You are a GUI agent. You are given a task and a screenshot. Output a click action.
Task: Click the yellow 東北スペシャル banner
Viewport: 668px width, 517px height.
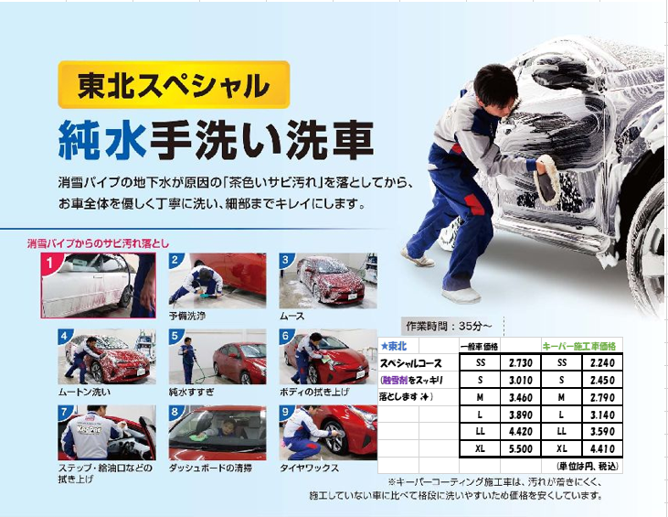(174, 84)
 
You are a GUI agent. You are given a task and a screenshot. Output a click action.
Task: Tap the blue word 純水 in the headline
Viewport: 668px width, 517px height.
(102, 139)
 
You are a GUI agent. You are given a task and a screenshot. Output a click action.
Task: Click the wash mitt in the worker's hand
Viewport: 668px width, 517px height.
(547, 179)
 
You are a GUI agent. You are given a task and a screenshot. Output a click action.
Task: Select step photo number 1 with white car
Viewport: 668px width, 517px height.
(98, 285)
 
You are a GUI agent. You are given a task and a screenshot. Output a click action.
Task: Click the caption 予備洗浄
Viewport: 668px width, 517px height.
(187, 316)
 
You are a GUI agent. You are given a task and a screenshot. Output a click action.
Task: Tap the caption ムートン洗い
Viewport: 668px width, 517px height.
(84, 392)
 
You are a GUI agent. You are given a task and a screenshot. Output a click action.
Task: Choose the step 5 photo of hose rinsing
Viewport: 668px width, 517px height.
(217, 357)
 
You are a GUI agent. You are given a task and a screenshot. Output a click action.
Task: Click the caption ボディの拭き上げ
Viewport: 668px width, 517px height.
(314, 392)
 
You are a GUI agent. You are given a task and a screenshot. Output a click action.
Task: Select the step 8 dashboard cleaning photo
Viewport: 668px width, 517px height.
(217, 433)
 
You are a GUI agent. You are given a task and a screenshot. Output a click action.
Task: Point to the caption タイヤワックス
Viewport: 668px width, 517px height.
(309, 468)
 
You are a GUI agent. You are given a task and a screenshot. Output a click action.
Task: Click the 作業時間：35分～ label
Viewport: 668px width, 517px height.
(449, 327)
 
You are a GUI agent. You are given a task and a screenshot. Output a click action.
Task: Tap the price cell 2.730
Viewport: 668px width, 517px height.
(521, 363)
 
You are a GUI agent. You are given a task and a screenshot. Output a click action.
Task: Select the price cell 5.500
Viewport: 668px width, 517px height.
(521, 448)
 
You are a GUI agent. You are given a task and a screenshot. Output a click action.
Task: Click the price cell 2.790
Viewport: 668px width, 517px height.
(602, 397)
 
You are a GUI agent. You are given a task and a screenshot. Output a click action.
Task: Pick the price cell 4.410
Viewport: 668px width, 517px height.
(602, 448)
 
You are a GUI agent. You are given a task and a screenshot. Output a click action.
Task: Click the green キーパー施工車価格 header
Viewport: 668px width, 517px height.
(579, 346)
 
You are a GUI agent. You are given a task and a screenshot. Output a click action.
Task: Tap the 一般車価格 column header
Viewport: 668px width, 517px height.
(479, 347)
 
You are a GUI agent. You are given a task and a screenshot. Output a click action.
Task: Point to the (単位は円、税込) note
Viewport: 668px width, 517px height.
(587, 467)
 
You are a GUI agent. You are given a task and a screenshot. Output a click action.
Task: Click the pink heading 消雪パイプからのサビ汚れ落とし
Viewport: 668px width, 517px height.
(98, 243)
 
